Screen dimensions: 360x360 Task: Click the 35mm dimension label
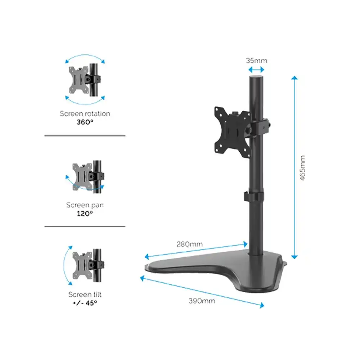256,60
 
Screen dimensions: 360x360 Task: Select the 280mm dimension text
189,244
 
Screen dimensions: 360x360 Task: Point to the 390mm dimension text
202,301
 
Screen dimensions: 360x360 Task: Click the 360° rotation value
85,122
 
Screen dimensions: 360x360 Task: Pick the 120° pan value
85,213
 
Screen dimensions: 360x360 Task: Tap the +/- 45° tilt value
85,303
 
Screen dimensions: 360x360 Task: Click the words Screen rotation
85,113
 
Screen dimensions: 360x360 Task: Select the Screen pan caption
85,205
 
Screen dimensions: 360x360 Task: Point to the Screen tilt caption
85,294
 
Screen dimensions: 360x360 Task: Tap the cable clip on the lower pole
253,197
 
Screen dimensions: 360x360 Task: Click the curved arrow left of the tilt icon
66,265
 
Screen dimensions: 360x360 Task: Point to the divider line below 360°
85,136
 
